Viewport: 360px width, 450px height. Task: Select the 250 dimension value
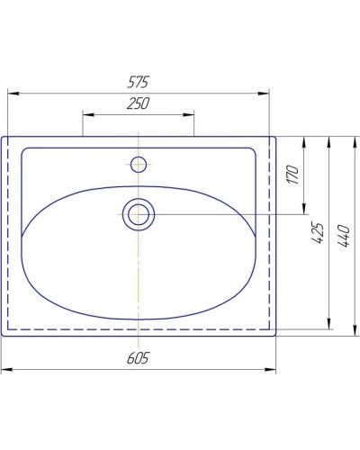138,103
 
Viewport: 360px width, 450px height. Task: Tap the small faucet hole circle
138,164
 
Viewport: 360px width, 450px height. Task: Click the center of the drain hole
138,213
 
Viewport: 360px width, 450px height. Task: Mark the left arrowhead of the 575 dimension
12,91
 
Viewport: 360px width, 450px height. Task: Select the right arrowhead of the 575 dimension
266,91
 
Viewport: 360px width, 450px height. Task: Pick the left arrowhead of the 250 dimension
85,113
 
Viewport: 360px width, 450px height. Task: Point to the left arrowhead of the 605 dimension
4,369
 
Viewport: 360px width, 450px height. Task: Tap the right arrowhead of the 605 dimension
274,369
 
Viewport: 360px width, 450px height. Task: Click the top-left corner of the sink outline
3,138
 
